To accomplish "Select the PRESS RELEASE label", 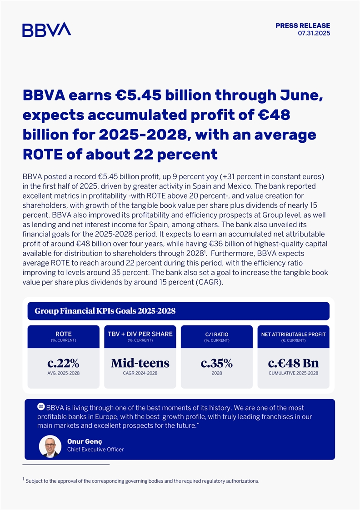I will click(303, 25).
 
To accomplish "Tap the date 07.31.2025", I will click(314, 33).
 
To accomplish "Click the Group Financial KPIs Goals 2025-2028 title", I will click(105, 311).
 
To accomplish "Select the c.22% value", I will click(63, 363).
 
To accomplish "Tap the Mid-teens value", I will click(140, 363).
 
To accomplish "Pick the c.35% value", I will click(217, 363).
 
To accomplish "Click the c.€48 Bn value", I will click(293, 363).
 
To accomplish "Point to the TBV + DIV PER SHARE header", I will click(140, 334).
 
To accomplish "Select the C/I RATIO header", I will click(217, 335).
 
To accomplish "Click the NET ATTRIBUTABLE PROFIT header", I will click(293, 335).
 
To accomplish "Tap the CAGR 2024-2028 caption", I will click(140, 373).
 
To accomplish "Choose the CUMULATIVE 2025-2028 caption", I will click(293, 373).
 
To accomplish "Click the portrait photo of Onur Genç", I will click(50, 446).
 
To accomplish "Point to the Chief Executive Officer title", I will click(95, 450).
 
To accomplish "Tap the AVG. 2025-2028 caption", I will click(63, 373).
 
